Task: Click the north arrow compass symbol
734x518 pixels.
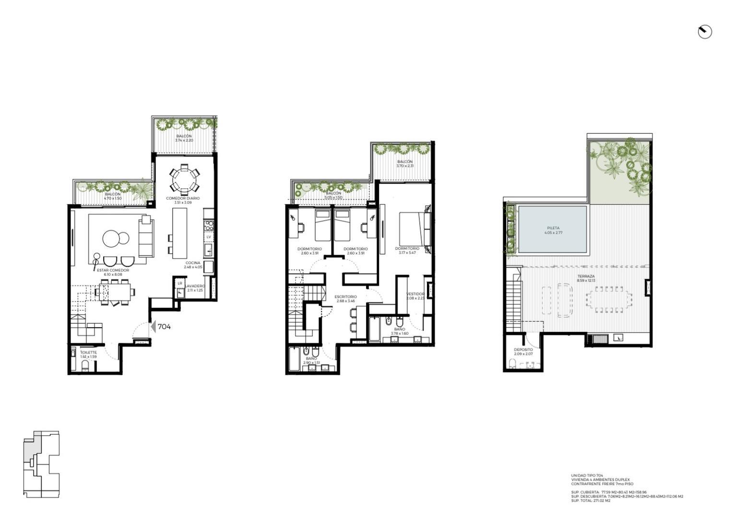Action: coord(704,32)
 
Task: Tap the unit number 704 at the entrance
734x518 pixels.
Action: coord(164,327)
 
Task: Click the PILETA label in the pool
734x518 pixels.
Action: coord(553,228)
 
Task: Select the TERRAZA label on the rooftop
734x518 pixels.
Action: coord(586,277)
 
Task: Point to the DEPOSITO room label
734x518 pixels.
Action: coord(523,350)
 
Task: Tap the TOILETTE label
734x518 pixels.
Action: coord(88,353)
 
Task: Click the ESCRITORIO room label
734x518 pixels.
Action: coord(345,297)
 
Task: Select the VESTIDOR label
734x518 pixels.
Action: coord(415,294)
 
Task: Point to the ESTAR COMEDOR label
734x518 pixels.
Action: coord(113,271)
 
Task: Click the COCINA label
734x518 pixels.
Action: coord(193,263)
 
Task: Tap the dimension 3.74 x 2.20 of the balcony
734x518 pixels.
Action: coord(184,141)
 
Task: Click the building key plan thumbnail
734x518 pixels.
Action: coord(41,464)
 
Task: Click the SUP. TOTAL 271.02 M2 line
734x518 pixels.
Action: coord(591,501)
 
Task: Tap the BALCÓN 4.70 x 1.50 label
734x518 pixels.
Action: coord(113,196)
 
